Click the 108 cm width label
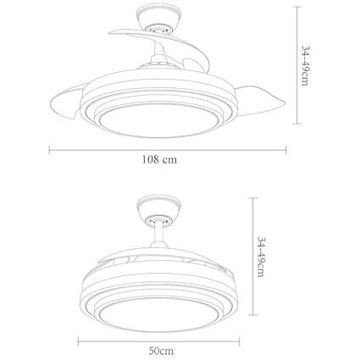click(159, 160)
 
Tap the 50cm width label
click(161, 351)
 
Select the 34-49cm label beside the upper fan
click(306, 65)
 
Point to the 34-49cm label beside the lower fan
click(261, 257)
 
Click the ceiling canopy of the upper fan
click(158, 17)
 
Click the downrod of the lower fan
click(159, 234)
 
